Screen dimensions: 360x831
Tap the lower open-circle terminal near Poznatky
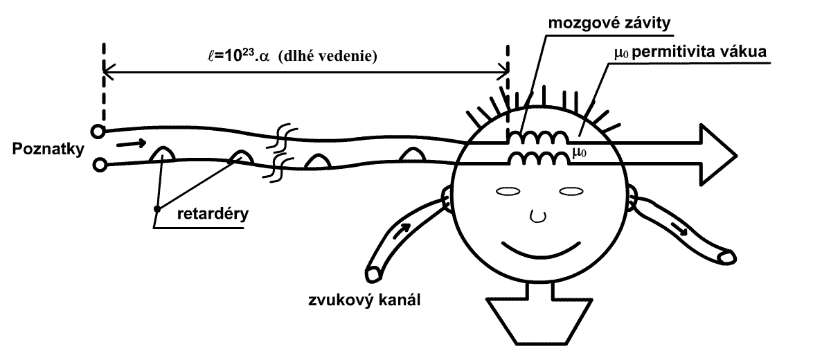(x=100, y=165)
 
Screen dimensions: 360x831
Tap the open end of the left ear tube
(x=375, y=273)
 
